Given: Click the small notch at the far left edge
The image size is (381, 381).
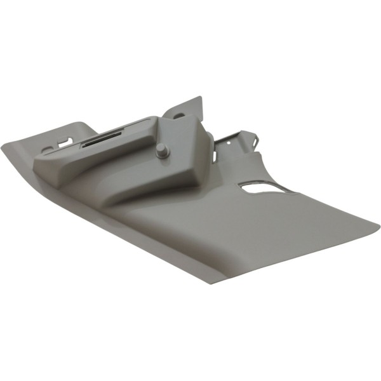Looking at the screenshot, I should (46, 150).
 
